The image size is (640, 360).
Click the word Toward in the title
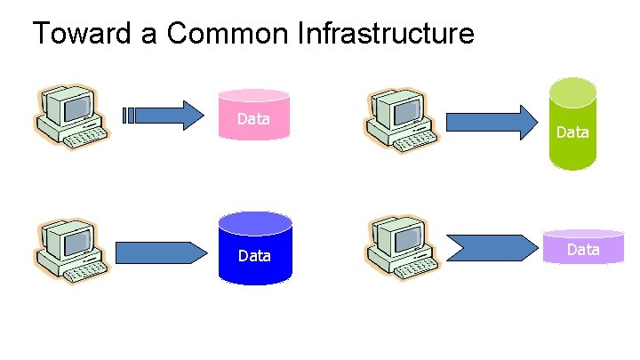(82, 33)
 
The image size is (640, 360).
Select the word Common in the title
(228, 33)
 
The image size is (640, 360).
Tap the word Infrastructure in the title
(386, 33)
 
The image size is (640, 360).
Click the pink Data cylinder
(254, 115)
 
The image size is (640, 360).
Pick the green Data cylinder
(572, 124)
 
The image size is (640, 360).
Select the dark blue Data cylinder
(255, 248)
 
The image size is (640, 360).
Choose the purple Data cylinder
(583, 246)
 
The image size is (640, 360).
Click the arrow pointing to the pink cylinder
(164, 116)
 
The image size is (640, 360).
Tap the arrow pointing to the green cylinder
(492, 123)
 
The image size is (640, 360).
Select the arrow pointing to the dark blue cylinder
(161, 252)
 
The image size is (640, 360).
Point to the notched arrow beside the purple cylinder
(492, 248)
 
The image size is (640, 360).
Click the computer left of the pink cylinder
(71, 117)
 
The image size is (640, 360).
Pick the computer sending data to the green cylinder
(401, 120)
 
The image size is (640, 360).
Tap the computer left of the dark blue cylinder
(71, 251)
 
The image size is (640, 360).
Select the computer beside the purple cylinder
(402, 248)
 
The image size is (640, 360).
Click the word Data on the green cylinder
(572, 132)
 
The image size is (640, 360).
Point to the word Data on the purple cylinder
(583, 250)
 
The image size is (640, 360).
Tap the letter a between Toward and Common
(149, 36)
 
